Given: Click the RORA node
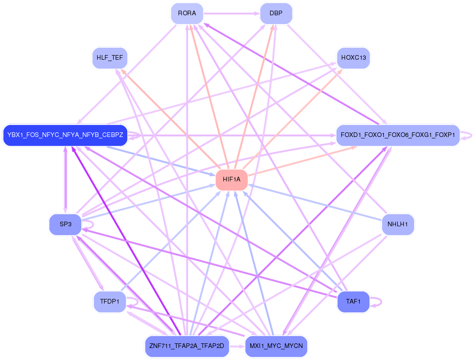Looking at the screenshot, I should [x=187, y=14].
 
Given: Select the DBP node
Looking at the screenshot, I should [x=276, y=14].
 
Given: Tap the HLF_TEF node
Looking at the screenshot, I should [x=110, y=58].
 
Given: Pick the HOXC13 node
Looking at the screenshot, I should [x=353, y=58].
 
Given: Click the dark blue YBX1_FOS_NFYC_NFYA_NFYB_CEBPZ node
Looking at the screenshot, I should [x=65, y=135].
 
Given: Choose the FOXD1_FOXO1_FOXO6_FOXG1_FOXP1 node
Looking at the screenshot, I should [x=398, y=135].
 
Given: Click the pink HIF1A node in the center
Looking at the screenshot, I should [x=231, y=180].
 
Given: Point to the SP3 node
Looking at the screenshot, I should [x=65, y=224].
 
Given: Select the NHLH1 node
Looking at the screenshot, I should [x=398, y=224].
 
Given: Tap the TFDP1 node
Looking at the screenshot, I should [x=110, y=302].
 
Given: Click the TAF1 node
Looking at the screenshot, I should [x=353, y=302].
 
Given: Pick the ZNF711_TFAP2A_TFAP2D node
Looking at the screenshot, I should [x=187, y=346].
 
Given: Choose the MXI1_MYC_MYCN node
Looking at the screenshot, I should [x=276, y=346].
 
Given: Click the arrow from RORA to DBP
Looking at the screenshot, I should [x=231, y=14].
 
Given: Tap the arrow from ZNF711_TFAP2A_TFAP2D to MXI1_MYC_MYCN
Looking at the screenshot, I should [x=237, y=346].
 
